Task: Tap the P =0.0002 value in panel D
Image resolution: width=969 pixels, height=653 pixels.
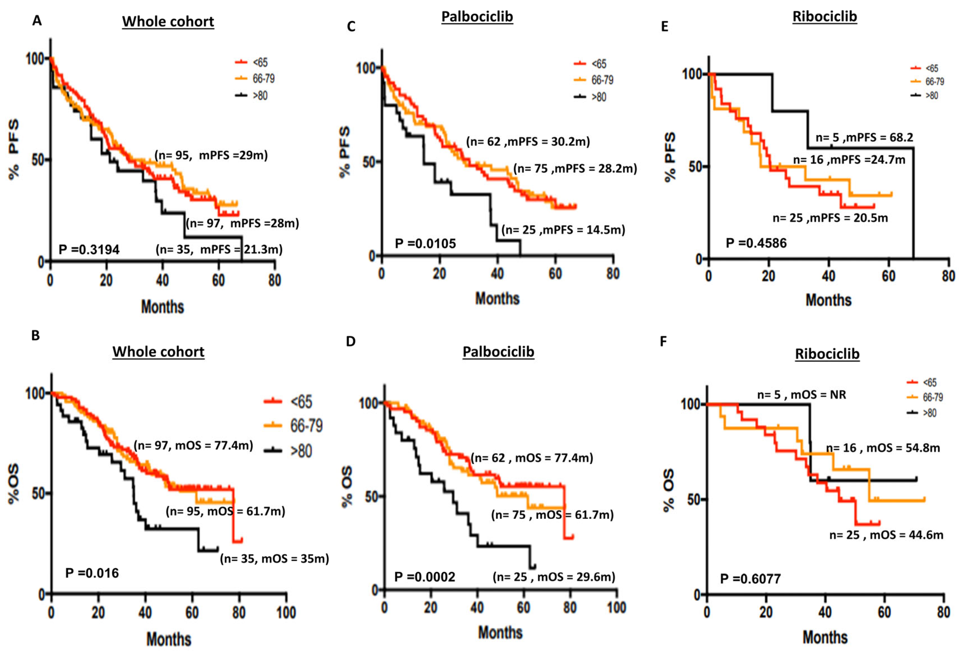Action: click(x=425, y=577)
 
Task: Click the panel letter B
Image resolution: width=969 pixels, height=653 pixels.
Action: click(x=36, y=336)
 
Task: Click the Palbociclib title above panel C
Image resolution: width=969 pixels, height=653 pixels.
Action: click(x=477, y=17)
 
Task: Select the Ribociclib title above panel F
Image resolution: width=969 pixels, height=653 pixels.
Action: click(x=827, y=354)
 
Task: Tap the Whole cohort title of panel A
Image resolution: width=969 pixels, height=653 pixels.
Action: click(x=168, y=22)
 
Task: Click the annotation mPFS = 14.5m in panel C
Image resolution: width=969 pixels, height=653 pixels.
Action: click(x=563, y=230)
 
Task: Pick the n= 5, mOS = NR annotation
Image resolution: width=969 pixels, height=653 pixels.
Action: click(x=801, y=394)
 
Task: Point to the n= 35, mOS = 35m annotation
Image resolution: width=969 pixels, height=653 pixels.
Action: click(x=274, y=558)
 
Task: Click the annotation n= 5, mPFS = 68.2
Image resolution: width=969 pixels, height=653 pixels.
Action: click(x=864, y=137)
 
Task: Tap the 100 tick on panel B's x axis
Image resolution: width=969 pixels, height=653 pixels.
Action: click(x=286, y=613)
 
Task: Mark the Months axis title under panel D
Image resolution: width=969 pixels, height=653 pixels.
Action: click(x=500, y=633)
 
